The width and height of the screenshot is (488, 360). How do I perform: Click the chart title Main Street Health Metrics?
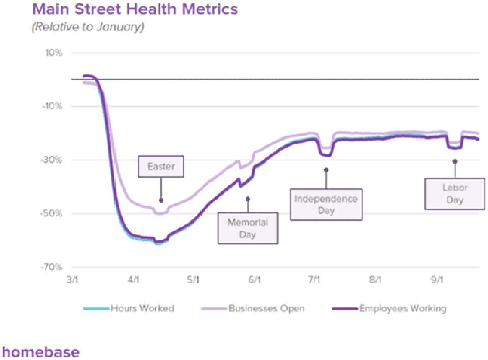pos(134,9)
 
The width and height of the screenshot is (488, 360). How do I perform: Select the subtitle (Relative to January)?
pos(88,27)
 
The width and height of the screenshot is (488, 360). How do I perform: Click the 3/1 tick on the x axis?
pos(73,280)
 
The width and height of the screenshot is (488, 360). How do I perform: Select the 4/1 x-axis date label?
pos(133,280)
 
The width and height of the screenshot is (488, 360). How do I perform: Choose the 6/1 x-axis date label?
pos(254,280)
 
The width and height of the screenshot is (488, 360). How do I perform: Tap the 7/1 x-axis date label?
pos(314,280)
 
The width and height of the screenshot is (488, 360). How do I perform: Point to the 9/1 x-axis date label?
pos(436,280)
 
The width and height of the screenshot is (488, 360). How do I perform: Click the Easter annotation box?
pos(161,167)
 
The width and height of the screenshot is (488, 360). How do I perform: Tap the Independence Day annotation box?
pos(326,204)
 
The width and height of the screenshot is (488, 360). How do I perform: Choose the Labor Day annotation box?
pos(455,193)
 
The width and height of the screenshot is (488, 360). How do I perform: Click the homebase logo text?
pos(41,351)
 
